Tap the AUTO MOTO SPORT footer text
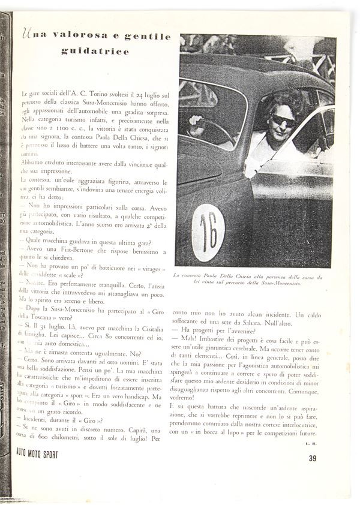(x=41, y=455)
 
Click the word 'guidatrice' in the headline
(x=95, y=52)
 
